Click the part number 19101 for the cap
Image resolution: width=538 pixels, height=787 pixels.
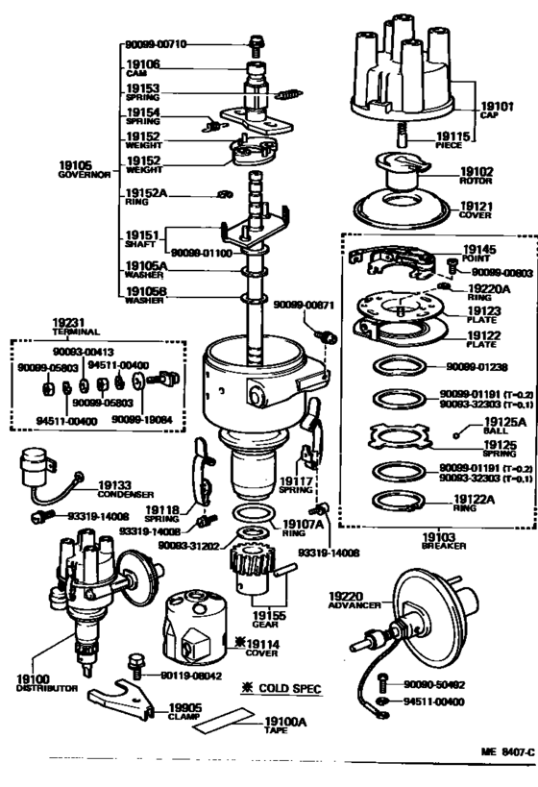(x=498, y=107)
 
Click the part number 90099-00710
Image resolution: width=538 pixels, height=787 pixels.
(x=156, y=44)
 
